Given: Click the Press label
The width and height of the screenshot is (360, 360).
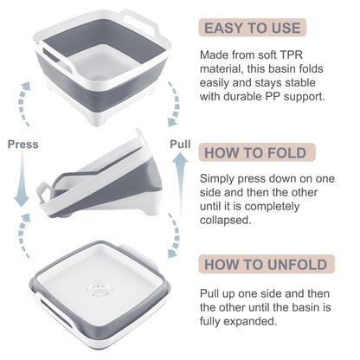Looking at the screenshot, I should [22, 145].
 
